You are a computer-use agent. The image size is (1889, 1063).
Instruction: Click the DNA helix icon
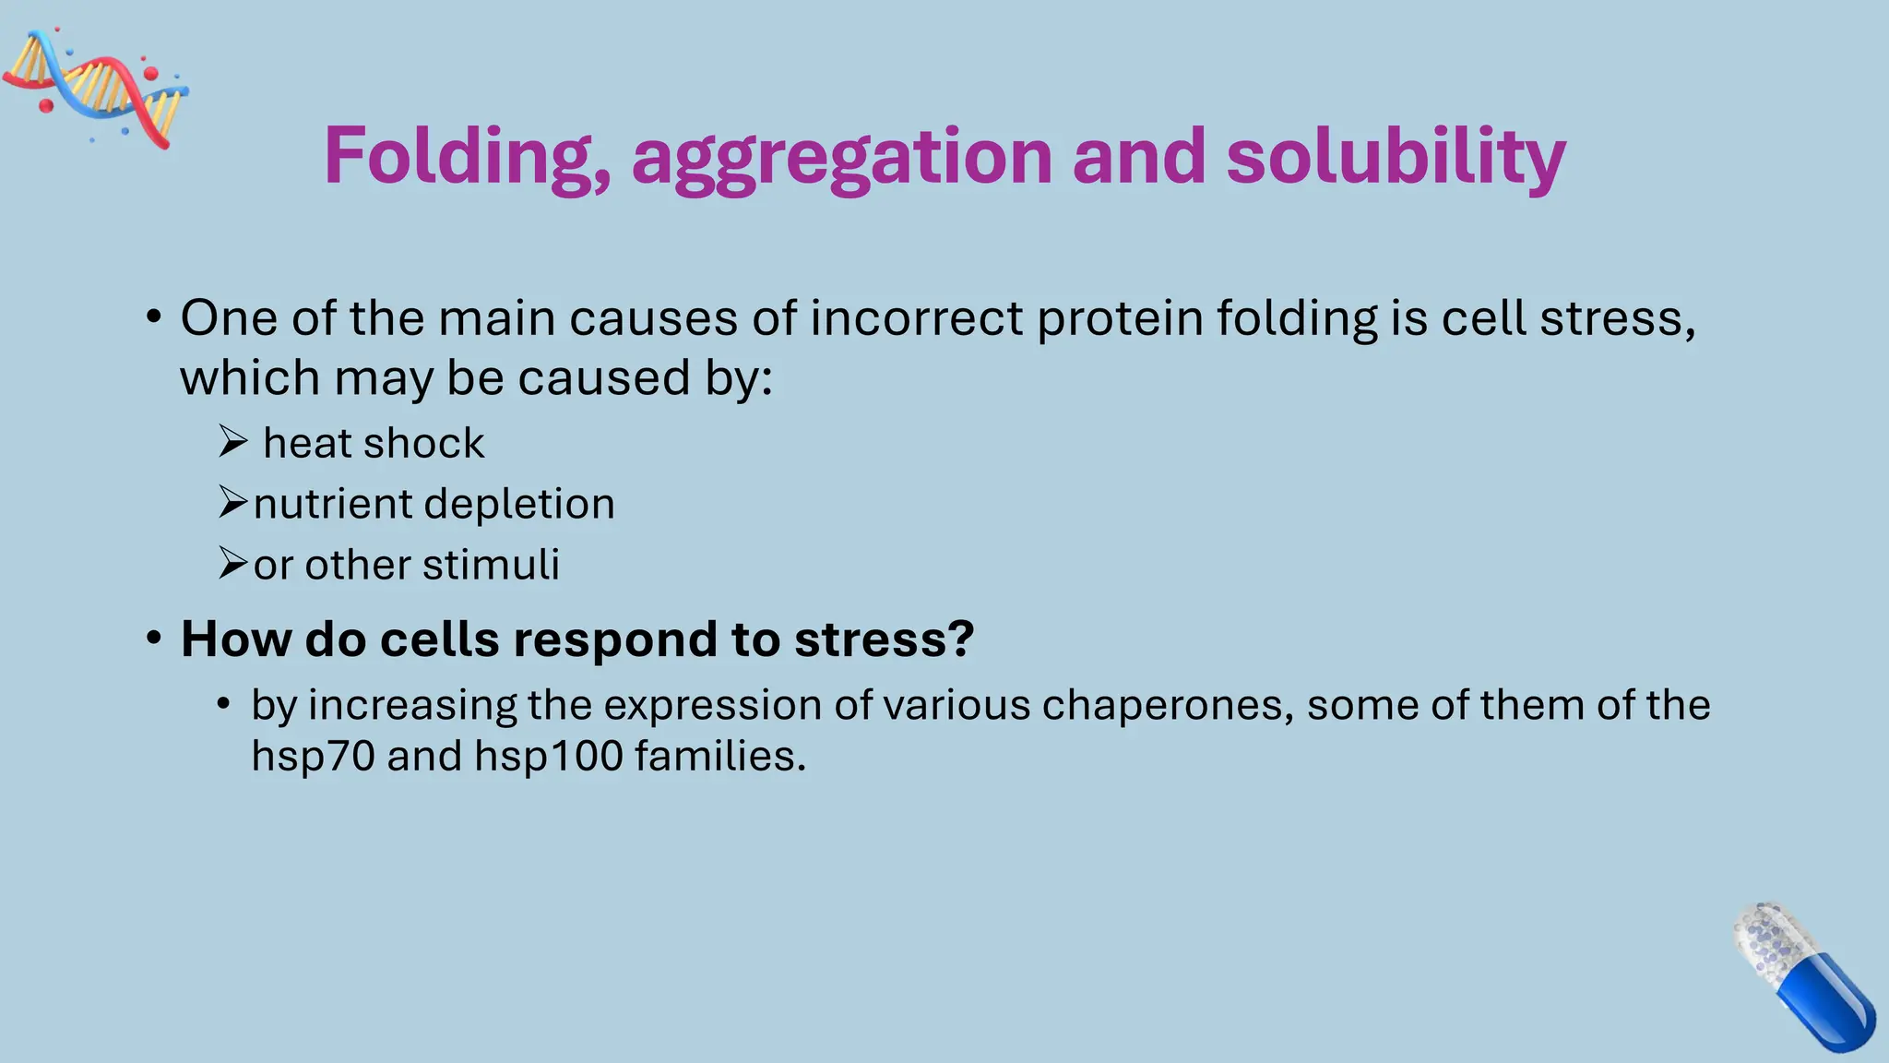97,88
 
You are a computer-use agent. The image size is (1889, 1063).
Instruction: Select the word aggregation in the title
841,159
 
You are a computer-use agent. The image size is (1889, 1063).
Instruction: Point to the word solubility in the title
1395,157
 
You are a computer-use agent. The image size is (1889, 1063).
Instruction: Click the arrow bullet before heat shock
232,442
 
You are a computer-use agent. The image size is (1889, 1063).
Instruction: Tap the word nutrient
333,504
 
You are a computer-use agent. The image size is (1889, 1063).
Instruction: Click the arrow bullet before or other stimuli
232,563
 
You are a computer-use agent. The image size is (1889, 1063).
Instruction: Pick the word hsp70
313,757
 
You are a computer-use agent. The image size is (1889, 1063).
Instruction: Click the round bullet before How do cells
154,639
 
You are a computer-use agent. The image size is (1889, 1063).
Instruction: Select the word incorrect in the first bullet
917,318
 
